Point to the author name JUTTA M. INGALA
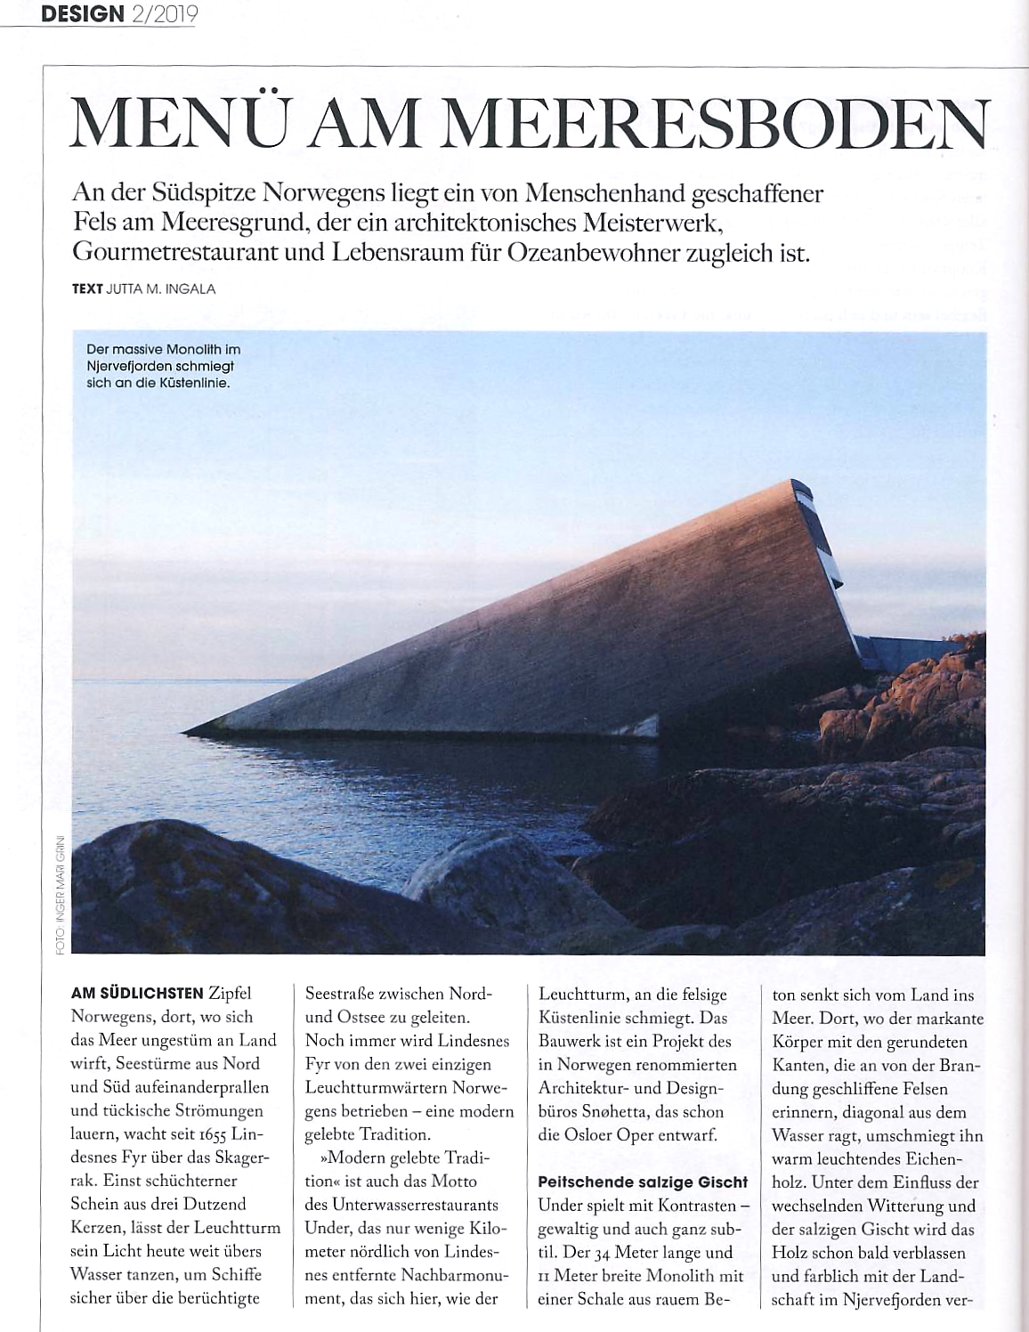pos(161,288)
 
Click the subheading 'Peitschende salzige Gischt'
pos(643,1182)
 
